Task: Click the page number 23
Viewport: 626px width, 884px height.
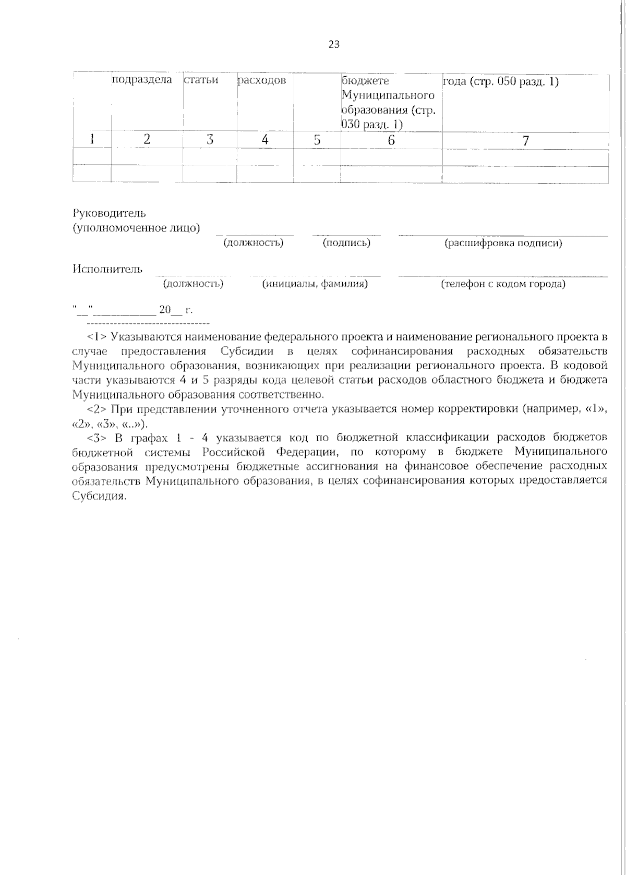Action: point(334,45)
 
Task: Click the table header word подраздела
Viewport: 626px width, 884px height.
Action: point(142,81)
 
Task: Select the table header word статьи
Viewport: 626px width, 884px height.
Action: point(201,81)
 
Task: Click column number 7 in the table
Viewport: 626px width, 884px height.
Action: point(525,140)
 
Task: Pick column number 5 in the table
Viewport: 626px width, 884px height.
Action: point(317,140)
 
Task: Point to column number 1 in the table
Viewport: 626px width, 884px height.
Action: point(92,140)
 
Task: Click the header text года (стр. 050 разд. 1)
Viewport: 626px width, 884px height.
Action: point(501,82)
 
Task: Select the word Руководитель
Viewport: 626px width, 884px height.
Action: point(110,213)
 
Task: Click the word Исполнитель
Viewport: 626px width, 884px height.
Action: point(107,269)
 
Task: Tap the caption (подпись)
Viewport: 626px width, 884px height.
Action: point(346,243)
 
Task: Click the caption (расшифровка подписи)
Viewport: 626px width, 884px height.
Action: point(503,244)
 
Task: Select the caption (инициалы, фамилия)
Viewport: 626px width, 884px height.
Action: point(315,284)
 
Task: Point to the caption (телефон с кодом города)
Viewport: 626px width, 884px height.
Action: point(503,285)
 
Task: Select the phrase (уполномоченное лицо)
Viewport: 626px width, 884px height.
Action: point(136,228)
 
